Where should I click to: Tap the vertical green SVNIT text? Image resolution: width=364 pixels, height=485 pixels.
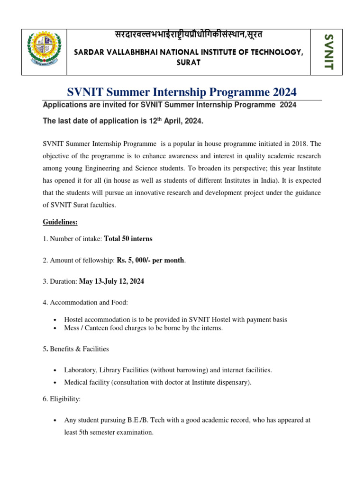[x=328, y=52]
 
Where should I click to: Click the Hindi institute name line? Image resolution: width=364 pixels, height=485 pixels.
[x=188, y=36]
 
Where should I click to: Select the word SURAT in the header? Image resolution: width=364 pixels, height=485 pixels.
[x=188, y=62]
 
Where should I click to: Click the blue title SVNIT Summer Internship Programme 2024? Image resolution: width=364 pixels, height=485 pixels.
[x=182, y=92]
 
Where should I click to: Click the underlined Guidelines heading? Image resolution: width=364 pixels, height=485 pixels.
[x=61, y=222]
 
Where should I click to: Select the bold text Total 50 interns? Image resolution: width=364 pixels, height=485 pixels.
[x=128, y=239]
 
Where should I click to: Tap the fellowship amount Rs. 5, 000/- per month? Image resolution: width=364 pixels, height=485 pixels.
[x=151, y=260]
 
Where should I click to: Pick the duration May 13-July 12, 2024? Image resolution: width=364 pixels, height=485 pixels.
[x=111, y=281]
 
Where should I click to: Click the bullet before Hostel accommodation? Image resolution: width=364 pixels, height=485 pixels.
[x=55, y=320]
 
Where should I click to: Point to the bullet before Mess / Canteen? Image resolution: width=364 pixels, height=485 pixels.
[x=55, y=328]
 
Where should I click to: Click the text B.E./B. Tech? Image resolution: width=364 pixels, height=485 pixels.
[x=142, y=420]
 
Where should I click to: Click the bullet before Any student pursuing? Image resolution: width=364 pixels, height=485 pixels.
[x=55, y=420]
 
